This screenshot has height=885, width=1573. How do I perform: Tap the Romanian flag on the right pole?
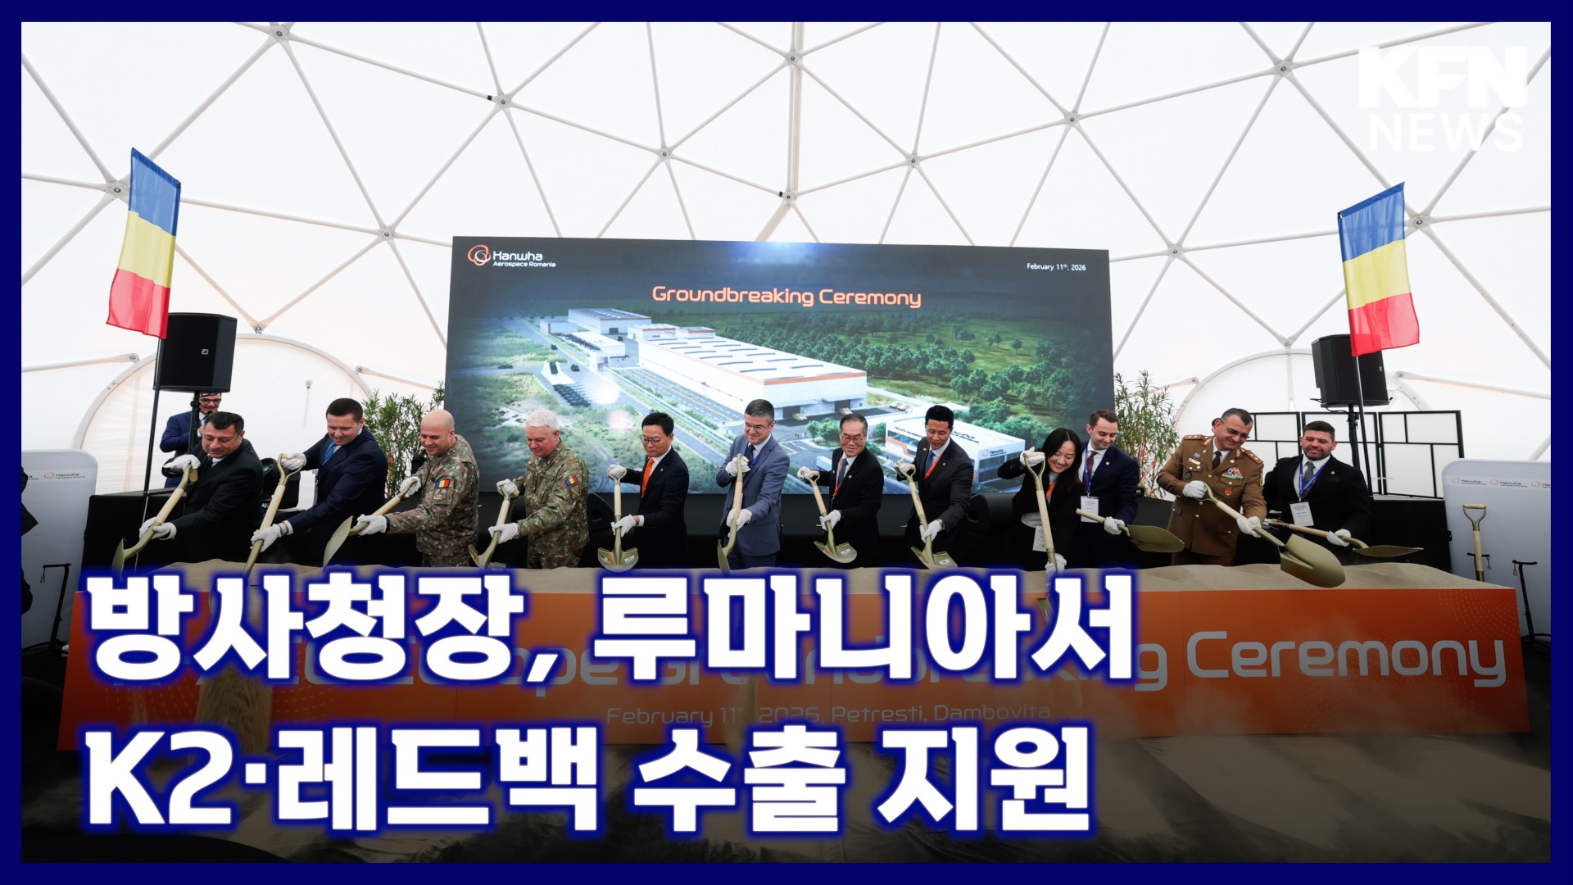(1378, 270)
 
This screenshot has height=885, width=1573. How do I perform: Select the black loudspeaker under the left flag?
(196, 352)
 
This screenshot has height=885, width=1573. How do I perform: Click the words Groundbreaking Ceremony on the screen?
(786, 296)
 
